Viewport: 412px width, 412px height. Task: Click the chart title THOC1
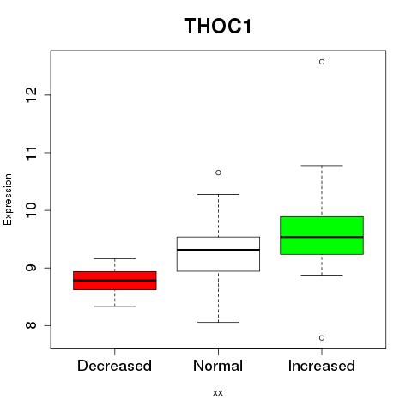point(218,26)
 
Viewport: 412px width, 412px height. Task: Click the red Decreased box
point(115,281)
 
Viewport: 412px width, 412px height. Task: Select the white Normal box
point(218,254)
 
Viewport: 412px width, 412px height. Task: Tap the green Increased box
point(322,235)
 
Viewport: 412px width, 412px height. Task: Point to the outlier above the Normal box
point(218,173)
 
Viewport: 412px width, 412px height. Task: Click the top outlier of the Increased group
point(322,62)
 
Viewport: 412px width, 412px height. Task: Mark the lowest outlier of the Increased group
point(322,338)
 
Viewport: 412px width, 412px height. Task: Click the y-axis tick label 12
point(32,94)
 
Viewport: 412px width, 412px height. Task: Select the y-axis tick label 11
point(32,153)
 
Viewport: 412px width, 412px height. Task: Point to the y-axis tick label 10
point(32,210)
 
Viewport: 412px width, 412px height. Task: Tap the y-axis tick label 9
point(32,268)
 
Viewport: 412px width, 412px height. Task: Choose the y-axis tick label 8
point(32,325)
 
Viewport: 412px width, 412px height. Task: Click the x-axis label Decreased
point(114,366)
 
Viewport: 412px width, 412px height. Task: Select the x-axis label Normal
point(218,366)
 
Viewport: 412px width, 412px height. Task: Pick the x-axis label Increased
point(322,366)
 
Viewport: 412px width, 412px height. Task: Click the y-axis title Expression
point(8,200)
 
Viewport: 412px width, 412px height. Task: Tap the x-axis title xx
point(218,393)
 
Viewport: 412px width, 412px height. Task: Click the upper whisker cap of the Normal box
point(218,194)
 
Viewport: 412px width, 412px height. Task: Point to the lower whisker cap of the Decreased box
point(115,306)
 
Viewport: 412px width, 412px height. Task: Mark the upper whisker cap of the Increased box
point(322,166)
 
